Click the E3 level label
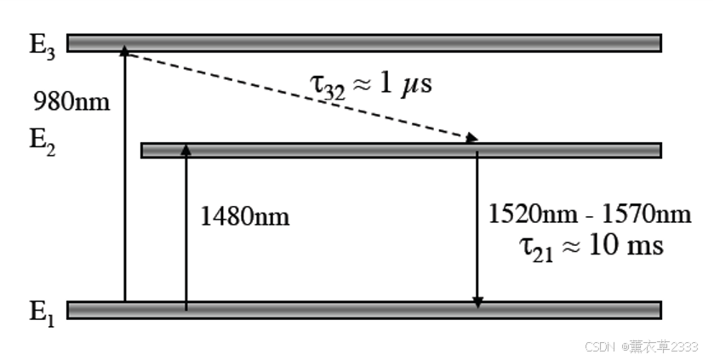click(x=43, y=45)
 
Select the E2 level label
click(x=43, y=139)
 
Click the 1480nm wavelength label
click(x=245, y=216)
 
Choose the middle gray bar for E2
click(x=400, y=150)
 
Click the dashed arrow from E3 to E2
click(x=298, y=94)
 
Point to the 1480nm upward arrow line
click(x=186, y=230)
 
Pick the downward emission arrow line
click(x=477, y=226)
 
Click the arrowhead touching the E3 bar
click(x=124, y=52)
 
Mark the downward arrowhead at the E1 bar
click(x=477, y=301)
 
